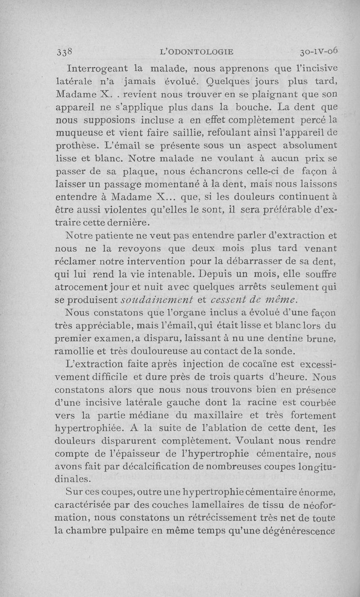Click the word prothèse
coord(76,147)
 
